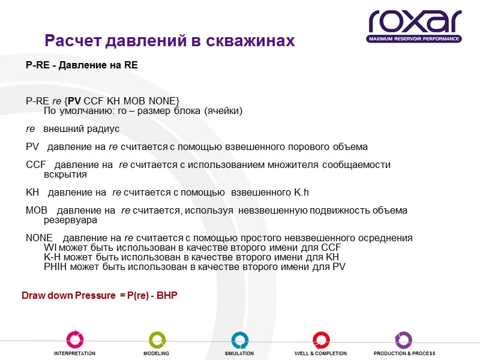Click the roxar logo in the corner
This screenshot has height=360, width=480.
pyautogui.click(x=415, y=22)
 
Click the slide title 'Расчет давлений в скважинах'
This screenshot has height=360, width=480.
pyautogui.click(x=170, y=41)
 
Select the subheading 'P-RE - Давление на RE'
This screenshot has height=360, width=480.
pyautogui.click(x=82, y=65)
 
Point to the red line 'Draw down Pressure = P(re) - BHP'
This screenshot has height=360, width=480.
pyautogui.click(x=100, y=296)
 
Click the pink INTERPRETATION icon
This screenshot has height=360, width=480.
pyautogui.click(x=75, y=340)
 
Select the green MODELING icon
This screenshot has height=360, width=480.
pyautogui.click(x=157, y=340)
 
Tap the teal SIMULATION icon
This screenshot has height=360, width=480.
pyautogui.click(x=239, y=340)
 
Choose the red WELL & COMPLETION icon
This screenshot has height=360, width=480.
pyautogui.click(x=321, y=340)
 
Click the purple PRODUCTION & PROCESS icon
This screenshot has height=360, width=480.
pyautogui.click(x=403, y=340)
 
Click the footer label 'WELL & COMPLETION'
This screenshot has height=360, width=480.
pyautogui.click(x=320, y=353)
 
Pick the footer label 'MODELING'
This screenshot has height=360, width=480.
pyautogui.click(x=156, y=353)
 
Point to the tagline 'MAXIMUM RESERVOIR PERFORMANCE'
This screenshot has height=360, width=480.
pyautogui.click(x=415, y=39)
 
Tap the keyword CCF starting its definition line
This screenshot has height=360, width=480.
pyautogui.click(x=35, y=165)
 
